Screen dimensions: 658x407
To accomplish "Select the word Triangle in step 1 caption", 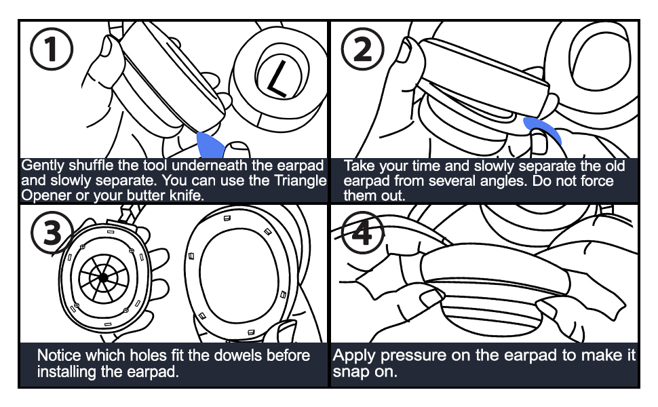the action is (x=299, y=181).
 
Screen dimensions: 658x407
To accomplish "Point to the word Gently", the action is (x=43, y=166).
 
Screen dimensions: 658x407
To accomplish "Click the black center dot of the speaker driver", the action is (x=102, y=277).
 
